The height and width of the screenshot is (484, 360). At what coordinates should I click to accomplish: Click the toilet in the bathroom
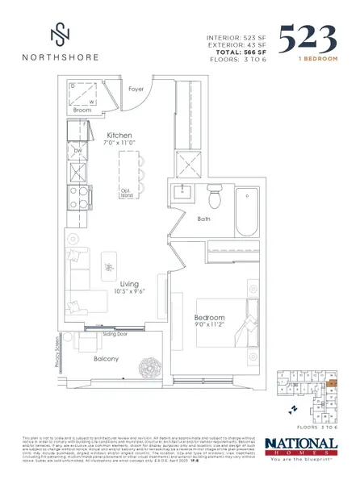[214, 197]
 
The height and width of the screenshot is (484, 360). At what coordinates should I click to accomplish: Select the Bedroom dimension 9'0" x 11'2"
[209, 327]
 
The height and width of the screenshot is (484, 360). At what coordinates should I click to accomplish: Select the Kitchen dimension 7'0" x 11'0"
[119, 144]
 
